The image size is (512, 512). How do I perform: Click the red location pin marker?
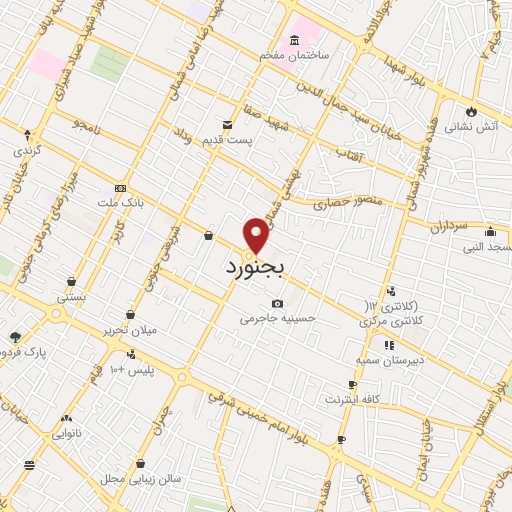coord(257,234)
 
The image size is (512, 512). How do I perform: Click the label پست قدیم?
coord(227,140)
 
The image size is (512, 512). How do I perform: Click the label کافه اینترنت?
coord(351,400)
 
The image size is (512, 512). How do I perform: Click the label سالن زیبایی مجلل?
coord(140,480)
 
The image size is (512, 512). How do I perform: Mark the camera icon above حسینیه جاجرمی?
coord(277,304)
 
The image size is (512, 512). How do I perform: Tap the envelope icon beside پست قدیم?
coord(227,124)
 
